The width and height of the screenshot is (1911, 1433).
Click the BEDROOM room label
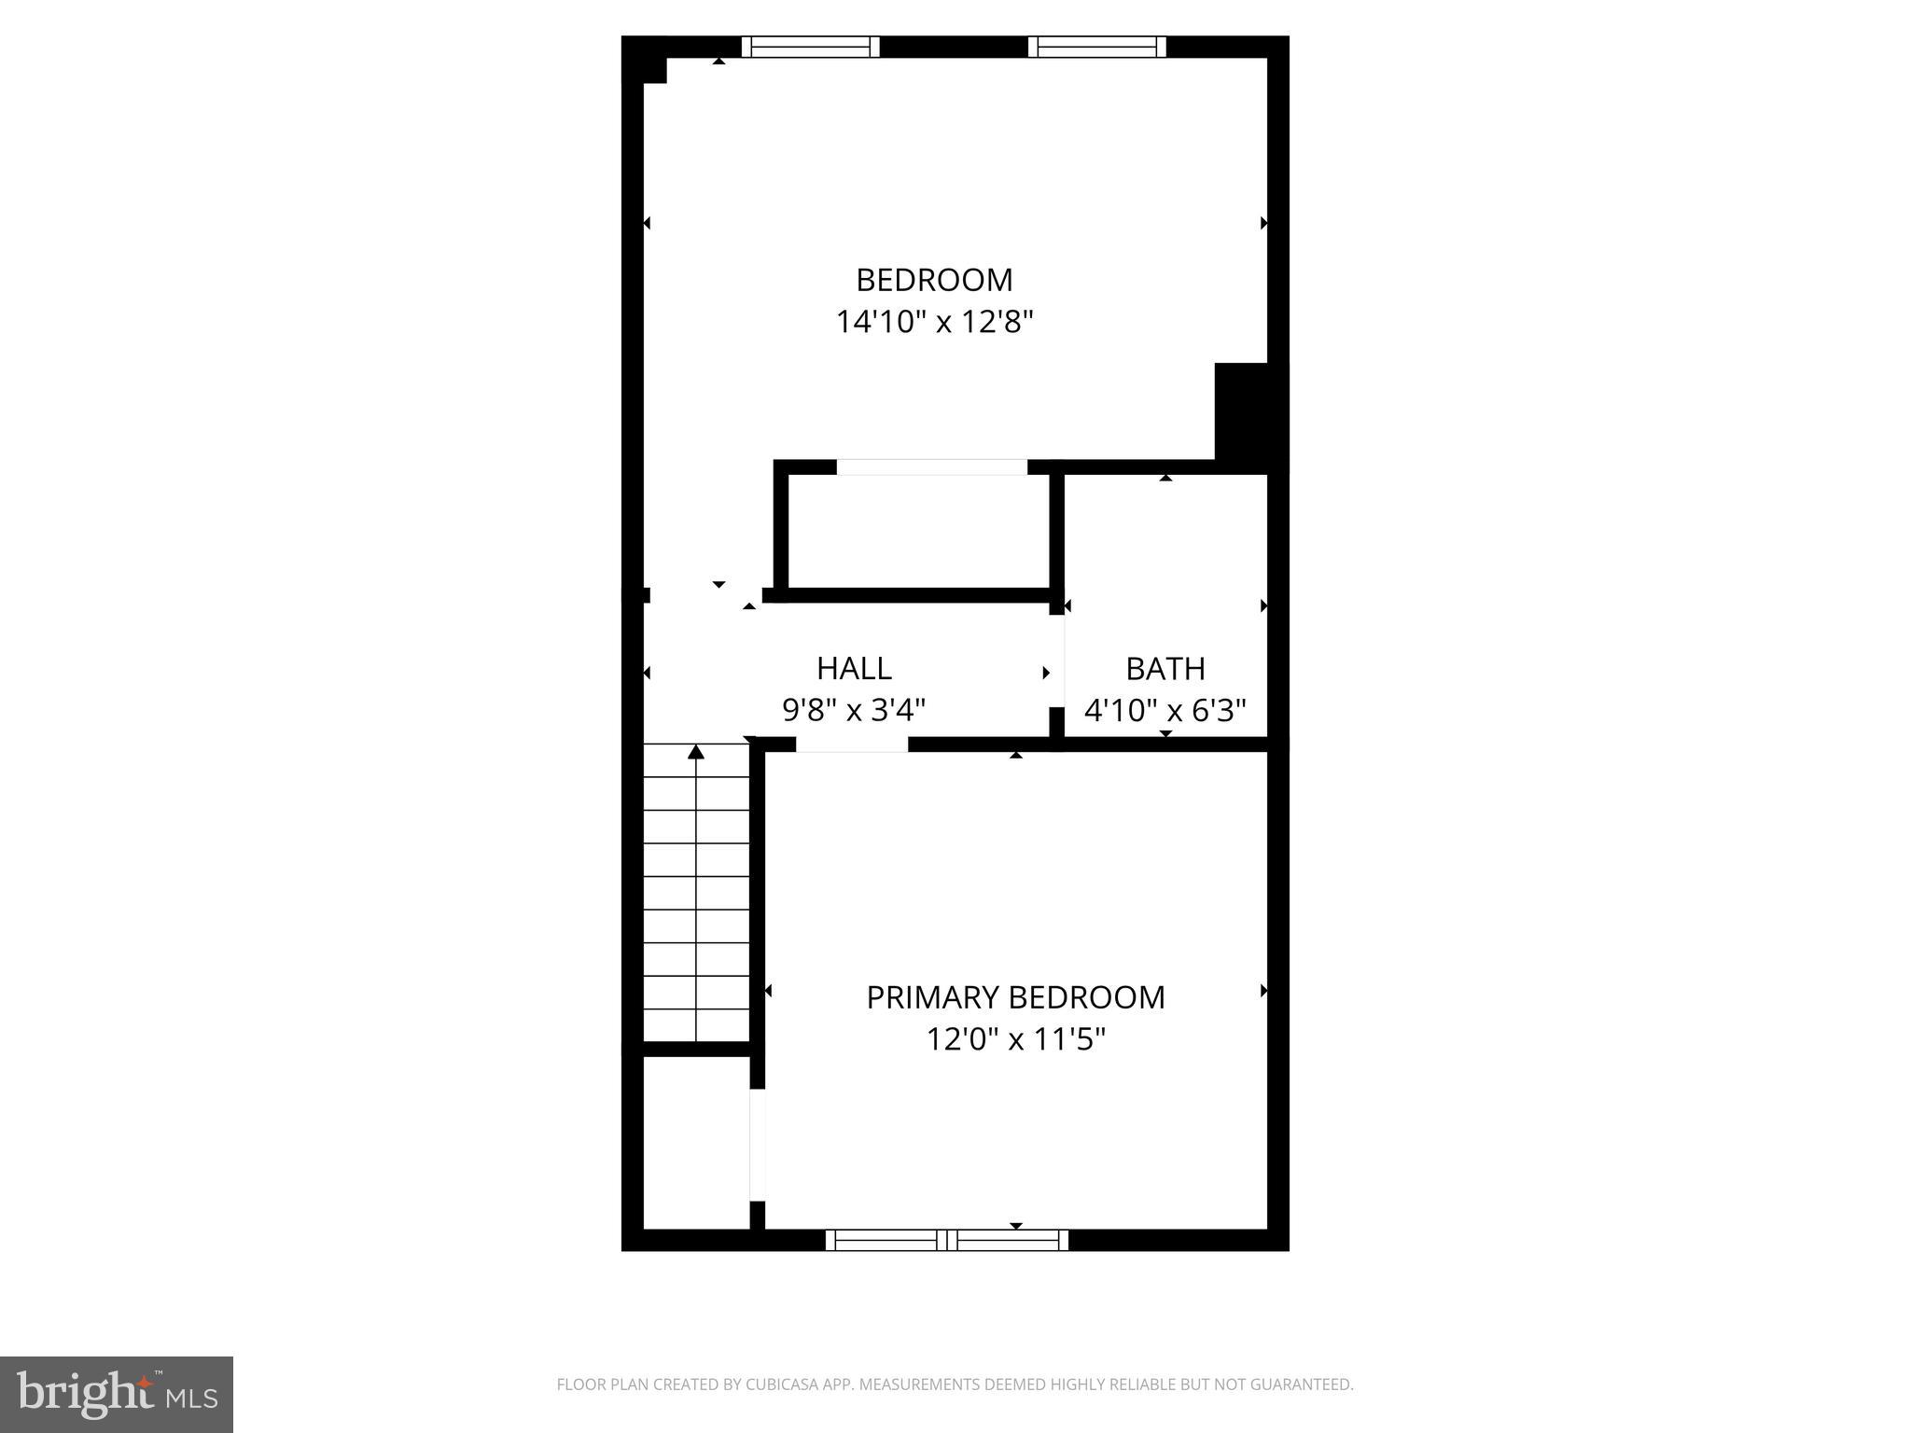934,280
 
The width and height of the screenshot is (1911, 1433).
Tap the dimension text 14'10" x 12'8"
934,323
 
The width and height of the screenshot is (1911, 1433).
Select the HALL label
854,668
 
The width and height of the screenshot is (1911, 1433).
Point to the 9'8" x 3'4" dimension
854,711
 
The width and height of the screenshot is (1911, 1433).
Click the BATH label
1165,668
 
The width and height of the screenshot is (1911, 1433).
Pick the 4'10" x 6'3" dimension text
1165,711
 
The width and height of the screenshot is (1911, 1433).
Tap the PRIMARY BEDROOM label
1015,997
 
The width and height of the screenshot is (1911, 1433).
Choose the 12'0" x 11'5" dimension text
1015,1039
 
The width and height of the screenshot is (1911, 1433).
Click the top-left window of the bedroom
810,47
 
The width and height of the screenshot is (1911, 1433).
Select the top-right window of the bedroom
1097,47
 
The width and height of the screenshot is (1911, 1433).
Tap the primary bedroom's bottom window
947,1240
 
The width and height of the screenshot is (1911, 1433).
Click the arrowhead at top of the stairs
696,752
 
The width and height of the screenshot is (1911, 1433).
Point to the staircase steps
696,896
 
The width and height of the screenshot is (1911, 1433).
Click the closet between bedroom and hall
919,532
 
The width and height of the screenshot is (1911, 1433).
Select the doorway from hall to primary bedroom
852,744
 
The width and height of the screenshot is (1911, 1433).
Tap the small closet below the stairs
696,1143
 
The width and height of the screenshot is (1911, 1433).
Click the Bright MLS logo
117,1394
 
